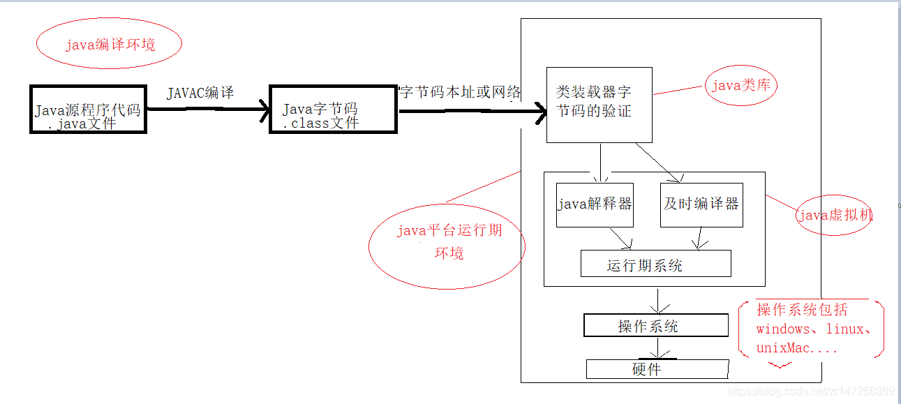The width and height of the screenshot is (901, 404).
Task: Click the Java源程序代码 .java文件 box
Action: (88, 110)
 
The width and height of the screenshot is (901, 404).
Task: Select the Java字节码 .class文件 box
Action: (333, 110)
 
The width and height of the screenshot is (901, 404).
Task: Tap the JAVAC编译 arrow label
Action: (200, 93)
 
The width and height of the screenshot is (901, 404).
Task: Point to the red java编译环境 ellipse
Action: (109, 45)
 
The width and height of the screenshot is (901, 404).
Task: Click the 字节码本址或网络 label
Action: (461, 92)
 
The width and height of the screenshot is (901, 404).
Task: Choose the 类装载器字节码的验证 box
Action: (599, 105)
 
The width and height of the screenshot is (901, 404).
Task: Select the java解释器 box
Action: (595, 204)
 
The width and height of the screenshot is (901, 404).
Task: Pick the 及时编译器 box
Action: (701, 204)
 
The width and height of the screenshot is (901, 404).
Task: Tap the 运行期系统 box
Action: (655, 264)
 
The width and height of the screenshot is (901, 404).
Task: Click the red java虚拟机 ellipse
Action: (835, 215)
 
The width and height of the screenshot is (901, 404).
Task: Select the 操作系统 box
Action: (655, 326)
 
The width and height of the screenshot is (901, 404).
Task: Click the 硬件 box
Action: (657, 369)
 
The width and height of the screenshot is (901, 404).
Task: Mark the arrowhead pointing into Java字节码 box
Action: (264, 110)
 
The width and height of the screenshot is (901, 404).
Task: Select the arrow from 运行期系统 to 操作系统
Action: (656, 300)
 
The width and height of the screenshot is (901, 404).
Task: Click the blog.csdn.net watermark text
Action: (811, 391)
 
